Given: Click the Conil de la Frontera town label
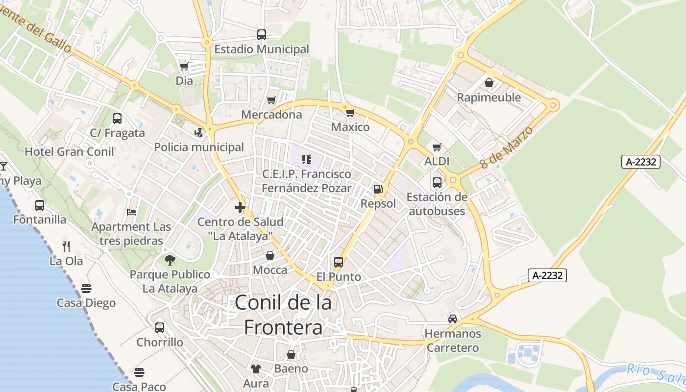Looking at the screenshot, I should coord(283,315).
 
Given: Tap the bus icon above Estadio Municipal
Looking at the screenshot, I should coord(262,35).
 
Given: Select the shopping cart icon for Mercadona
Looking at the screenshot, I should coord(271,100).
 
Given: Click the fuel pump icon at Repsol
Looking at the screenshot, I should coord(378,189).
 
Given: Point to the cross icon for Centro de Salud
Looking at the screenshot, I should coord(240,207).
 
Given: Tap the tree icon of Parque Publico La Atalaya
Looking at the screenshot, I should coord(170,260).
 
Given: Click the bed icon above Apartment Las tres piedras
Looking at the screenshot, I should coord(131,212).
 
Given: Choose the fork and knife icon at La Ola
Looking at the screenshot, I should coord(66,246).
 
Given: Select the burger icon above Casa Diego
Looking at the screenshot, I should coord(86,288).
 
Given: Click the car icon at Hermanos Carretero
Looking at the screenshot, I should coord(453,319).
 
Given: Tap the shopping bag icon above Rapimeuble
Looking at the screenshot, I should coord(489,83).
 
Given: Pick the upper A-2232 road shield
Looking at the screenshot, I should coord(641,162).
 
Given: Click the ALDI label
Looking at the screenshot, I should coord(437,161).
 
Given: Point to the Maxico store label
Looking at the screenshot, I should coord(350,127).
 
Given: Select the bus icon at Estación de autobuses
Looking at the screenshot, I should coord(437,183).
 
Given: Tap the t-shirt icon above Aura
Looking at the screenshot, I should coord(256,369).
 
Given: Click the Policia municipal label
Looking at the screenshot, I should coord(199,147).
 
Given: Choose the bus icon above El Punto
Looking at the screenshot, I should coord(339,262).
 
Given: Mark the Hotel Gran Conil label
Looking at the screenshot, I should coord(70,151).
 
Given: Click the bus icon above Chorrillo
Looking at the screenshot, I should coord(160,328).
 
